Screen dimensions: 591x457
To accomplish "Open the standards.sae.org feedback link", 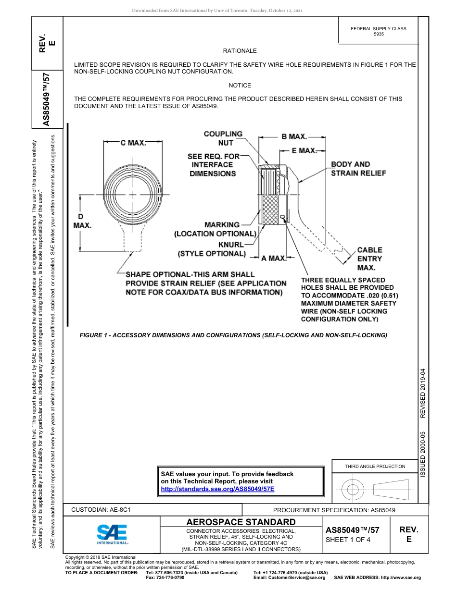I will click(x=217, y=489).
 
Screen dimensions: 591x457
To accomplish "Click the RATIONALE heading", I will click(x=240, y=50).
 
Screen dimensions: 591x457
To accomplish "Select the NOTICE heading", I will click(x=240, y=86).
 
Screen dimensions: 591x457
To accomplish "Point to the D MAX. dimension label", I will click(x=82, y=221).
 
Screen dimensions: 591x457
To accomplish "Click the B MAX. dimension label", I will click(x=294, y=137).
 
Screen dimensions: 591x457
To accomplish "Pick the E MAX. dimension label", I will click(x=304, y=151).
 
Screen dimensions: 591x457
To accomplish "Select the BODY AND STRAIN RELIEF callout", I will click(x=358, y=169).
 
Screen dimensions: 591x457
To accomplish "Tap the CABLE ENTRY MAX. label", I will click(x=369, y=259).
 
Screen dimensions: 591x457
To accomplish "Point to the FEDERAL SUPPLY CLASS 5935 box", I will click(x=378, y=31).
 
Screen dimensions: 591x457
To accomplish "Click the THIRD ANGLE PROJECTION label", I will click(x=375, y=466).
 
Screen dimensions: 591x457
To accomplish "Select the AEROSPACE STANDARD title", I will click(x=241, y=522).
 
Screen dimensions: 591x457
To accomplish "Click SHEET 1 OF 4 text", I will click(x=348, y=540).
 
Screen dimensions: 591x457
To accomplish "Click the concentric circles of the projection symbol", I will click(x=353, y=490).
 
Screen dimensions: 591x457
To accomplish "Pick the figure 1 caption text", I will click(x=233, y=335).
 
